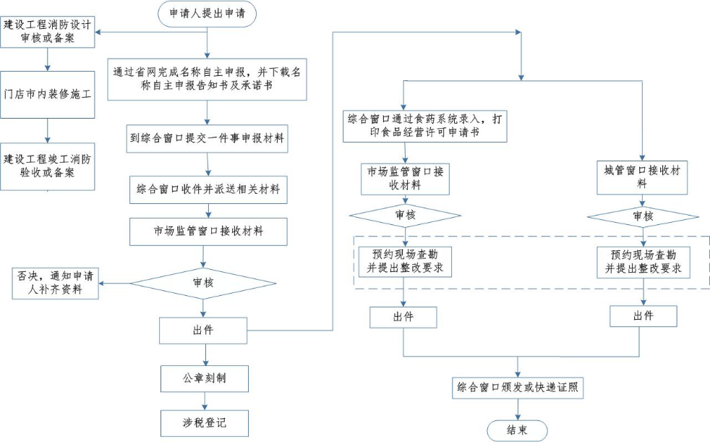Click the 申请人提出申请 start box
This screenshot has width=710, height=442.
pos(207,14)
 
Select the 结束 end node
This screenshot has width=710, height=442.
pos(516,430)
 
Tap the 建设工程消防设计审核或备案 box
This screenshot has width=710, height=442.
pos(48,32)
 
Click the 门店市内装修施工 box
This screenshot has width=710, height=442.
pos(48,94)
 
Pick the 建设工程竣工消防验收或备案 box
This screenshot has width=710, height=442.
pos(48,166)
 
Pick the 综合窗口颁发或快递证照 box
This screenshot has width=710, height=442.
pos(517,387)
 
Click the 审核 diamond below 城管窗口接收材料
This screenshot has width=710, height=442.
pos(642,216)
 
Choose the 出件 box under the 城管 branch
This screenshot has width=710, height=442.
pos(643,316)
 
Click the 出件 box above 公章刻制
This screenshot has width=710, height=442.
pos(204,331)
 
